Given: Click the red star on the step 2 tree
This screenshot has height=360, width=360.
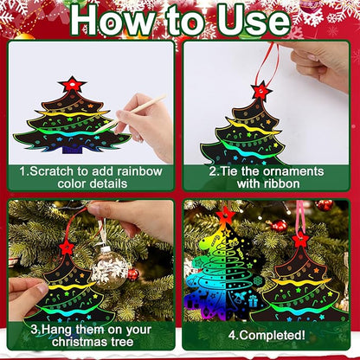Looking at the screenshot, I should click(260, 90).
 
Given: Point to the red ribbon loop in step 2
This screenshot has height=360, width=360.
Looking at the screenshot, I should click(280, 61).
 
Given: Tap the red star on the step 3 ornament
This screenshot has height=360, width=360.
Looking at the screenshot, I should click(67, 247).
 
